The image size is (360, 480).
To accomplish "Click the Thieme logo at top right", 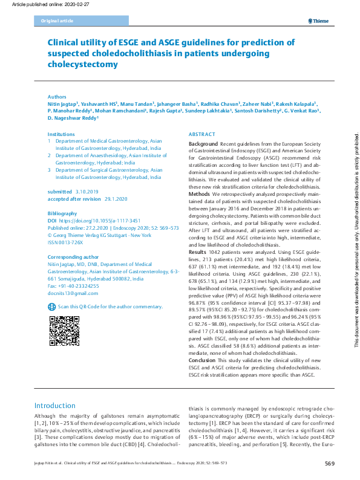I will [319, 21].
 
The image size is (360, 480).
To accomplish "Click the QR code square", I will [61, 332].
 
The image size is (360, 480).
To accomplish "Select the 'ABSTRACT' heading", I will [201, 134].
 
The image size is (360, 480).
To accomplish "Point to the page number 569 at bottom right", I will [330, 463].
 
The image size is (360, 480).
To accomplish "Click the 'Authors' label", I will [57, 97].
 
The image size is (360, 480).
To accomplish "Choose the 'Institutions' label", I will [61, 134].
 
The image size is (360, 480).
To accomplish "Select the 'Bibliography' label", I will [62, 214].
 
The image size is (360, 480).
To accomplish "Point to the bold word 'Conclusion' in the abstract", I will [202, 360].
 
